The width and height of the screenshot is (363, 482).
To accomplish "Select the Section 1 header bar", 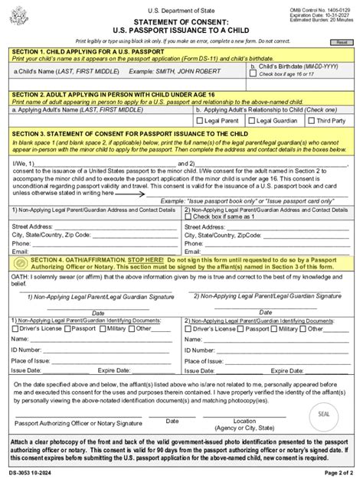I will [181, 50].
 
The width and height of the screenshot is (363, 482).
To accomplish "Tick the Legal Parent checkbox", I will [200, 120].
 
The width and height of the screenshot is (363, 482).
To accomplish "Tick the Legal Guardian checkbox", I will [250, 120].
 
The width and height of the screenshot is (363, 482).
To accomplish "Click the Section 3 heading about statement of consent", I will [181, 133].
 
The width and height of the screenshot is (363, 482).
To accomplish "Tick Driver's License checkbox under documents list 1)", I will [17, 327].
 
